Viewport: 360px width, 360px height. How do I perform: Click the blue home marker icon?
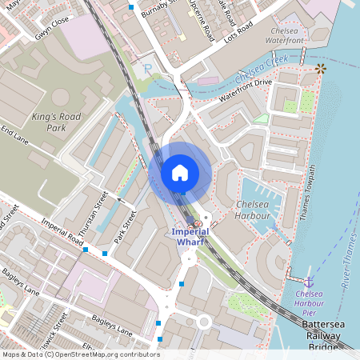click(180, 173)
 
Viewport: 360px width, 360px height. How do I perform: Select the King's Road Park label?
click(56, 122)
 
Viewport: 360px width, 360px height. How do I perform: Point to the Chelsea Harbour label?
click(257, 210)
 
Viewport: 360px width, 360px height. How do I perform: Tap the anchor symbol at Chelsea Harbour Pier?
click(309, 281)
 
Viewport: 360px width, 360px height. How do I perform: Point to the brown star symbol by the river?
click(321, 70)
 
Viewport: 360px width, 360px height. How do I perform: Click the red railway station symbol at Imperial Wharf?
click(198, 223)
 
